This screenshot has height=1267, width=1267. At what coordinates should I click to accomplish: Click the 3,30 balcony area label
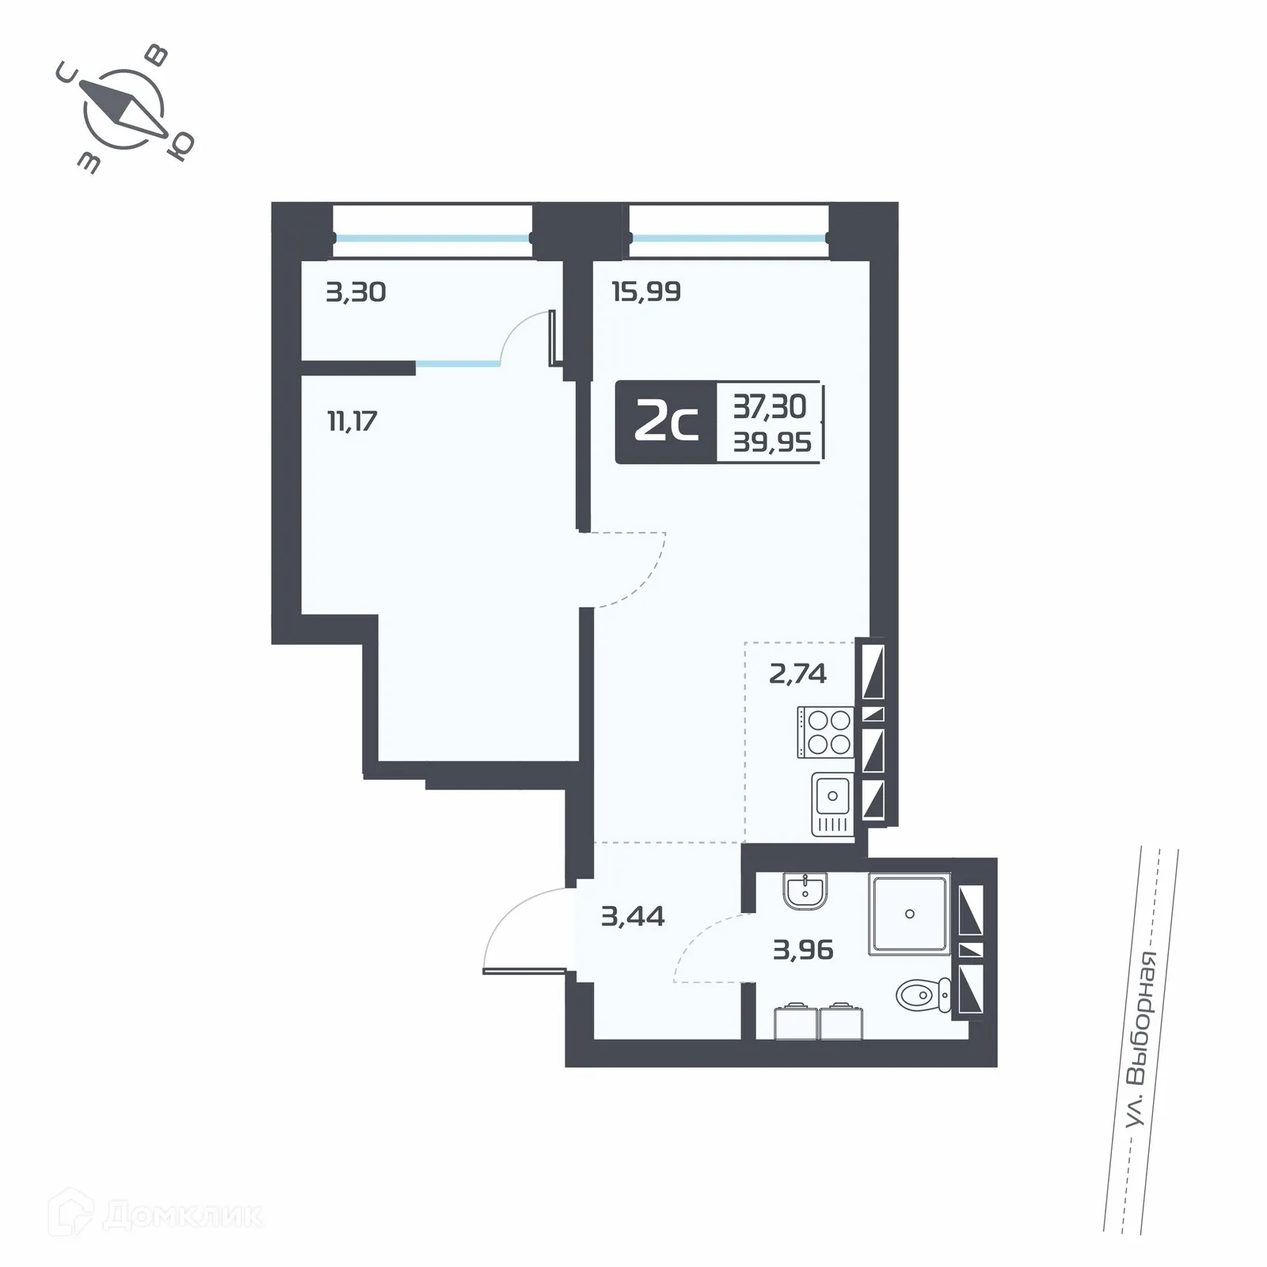pyautogui.click(x=356, y=292)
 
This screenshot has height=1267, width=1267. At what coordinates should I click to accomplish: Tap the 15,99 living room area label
pyautogui.click(x=646, y=292)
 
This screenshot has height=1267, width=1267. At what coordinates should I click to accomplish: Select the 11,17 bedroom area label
pyautogui.click(x=352, y=421)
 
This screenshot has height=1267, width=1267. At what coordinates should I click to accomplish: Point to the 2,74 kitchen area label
pyautogui.click(x=797, y=674)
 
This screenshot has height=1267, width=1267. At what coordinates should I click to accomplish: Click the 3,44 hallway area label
pyautogui.click(x=633, y=916)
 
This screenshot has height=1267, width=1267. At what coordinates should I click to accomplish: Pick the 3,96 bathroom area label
pyautogui.click(x=803, y=949)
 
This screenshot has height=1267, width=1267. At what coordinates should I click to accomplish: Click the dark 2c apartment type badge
pyautogui.click(x=666, y=423)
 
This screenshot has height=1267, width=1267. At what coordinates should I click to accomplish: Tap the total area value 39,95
pyautogui.click(x=772, y=442)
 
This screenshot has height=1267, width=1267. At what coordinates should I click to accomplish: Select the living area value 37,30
pyautogui.click(x=770, y=407)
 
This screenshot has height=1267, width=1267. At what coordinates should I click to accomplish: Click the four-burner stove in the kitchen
pyautogui.click(x=826, y=732)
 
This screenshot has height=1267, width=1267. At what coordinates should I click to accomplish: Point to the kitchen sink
pyautogui.click(x=832, y=804)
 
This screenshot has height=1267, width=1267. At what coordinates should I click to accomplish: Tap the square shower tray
pyautogui.click(x=909, y=914)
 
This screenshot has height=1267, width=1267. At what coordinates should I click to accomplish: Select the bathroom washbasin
pyautogui.click(x=805, y=891)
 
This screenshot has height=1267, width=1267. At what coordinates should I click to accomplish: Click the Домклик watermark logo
pyautogui.click(x=155, y=1215)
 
